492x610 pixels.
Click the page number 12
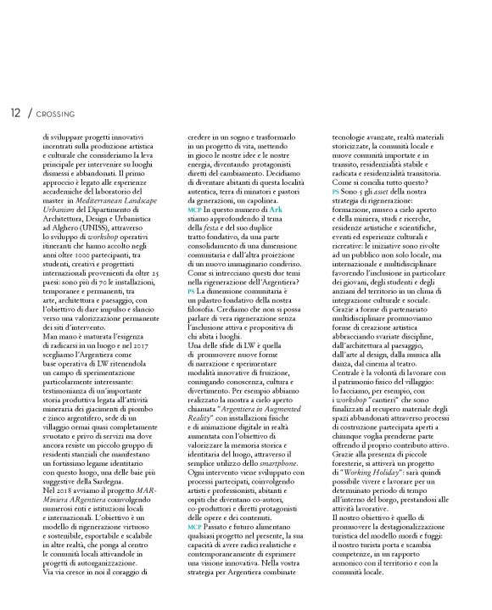(x=16, y=112)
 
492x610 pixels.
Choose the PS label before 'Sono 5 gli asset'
(x=336, y=193)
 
